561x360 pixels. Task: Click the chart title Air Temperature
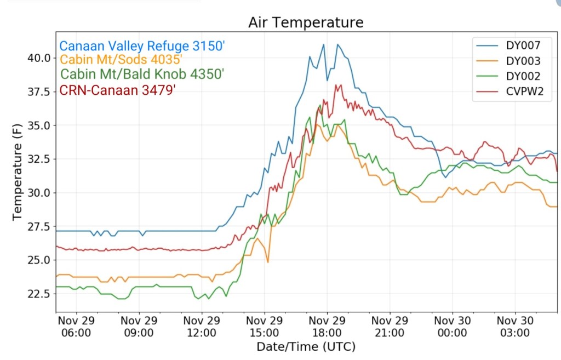click(305, 22)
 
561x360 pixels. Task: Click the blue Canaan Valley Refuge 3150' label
click(142, 46)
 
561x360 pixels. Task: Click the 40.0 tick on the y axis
click(39, 58)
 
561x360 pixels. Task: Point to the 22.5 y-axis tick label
click(39, 294)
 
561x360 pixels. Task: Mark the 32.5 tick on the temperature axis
click(39, 159)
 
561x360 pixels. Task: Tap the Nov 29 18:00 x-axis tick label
click(327, 327)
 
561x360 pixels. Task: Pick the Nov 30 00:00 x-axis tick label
click(453, 327)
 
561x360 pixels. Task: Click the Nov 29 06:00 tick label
click(76, 327)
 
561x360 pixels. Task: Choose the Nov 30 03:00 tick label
click(515, 327)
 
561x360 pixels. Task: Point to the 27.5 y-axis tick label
click(39, 227)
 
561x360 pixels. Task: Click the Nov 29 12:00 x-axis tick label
click(202, 327)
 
